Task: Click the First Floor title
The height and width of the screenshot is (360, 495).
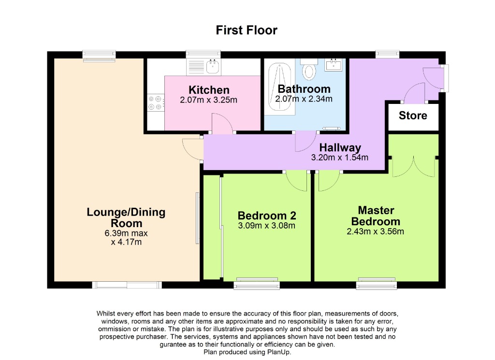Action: tap(247, 30)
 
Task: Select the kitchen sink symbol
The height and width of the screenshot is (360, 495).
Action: tap(212, 65)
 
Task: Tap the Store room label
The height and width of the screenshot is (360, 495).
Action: tap(413, 115)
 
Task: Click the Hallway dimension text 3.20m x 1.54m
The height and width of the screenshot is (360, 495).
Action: tap(340, 158)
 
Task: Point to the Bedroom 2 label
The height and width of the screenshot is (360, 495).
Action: tap(267, 216)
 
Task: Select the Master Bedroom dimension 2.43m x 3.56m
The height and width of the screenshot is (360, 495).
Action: tap(376, 231)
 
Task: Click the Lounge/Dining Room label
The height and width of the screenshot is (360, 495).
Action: tap(126, 217)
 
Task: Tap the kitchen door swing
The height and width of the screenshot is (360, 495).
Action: tap(221, 124)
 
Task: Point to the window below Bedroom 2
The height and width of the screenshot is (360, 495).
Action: tap(256, 284)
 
